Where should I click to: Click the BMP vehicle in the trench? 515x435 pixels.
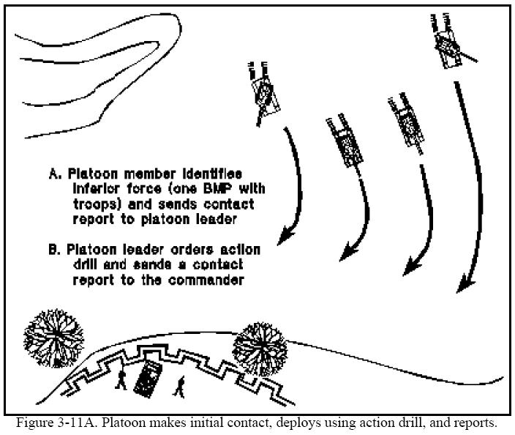pos(151,379)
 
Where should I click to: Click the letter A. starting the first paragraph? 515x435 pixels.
pos(55,174)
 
